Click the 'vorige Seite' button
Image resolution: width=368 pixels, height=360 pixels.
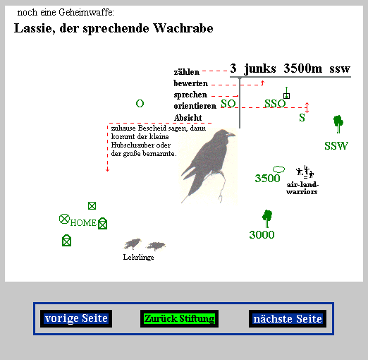[x=76, y=318]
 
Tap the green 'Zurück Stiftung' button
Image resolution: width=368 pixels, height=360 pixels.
[x=179, y=318]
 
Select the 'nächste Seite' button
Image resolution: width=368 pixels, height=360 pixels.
[x=288, y=319]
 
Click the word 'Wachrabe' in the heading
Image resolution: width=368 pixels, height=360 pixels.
[x=183, y=28]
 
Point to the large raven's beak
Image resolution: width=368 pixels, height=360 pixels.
[x=231, y=134]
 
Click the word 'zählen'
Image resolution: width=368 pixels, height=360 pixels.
[x=187, y=72]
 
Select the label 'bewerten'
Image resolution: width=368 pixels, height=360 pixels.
[x=190, y=83]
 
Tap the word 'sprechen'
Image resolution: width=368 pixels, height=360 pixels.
[x=190, y=95]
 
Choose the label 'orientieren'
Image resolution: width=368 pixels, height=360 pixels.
[x=195, y=106]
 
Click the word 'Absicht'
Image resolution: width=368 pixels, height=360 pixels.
[x=188, y=117]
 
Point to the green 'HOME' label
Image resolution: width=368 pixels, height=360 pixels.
[x=83, y=222]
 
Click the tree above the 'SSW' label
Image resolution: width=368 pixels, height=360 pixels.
[x=338, y=124]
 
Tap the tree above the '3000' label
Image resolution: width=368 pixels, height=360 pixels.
[x=267, y=219]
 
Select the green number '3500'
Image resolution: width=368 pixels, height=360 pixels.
[x=267, y=178]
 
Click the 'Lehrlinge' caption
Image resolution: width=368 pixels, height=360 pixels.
[x=138, y=257]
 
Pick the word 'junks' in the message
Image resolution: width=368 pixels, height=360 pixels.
[x=260, y=68]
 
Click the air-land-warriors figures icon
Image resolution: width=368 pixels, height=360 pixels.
[x=305, y=172]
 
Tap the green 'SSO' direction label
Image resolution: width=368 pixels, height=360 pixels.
[x=275, y=104]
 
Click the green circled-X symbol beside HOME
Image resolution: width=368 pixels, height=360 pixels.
[x=64, y=219]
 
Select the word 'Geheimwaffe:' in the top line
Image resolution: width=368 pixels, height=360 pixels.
[x=86, y=12]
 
